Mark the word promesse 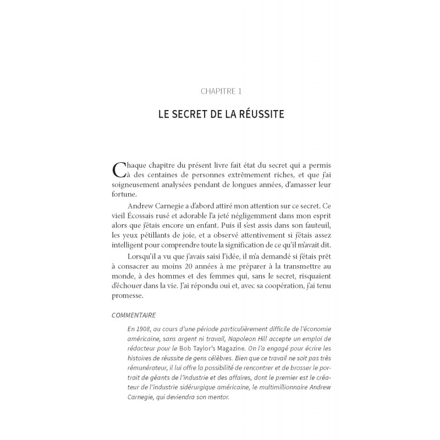coord(128,295)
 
